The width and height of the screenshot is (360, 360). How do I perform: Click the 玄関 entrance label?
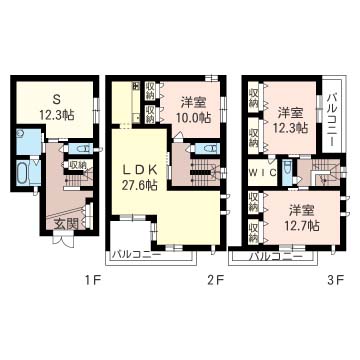click(x=66, y=224)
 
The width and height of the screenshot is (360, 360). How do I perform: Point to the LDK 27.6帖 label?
click(x=140, y=177)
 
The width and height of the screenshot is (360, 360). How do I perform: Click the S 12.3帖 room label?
click(x=56, y=107)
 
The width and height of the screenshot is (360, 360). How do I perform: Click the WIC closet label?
click(x=262, y=172)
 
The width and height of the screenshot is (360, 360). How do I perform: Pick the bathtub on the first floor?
click(x=22, y=172)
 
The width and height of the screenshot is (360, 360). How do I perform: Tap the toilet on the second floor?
click(x=206, y=148)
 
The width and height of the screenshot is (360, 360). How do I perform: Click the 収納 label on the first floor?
click(x=77, y=164)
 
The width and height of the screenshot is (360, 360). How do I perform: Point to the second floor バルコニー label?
click(x=136, y=255)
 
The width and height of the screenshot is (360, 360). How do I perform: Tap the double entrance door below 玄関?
click(x=63, y=241)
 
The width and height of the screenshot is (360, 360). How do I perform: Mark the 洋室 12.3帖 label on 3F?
click(x=290, y=121)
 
